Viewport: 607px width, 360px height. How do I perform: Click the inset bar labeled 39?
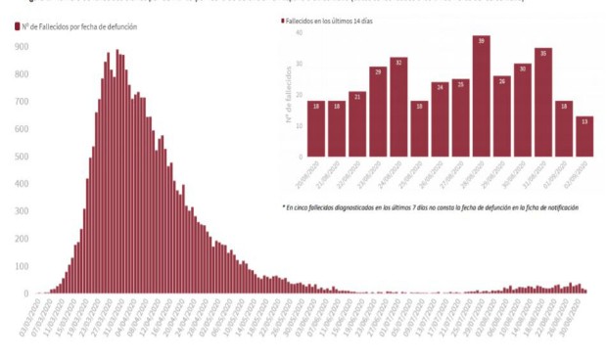click(x=481, y=96)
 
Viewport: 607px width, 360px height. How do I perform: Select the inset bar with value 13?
click(x=584, y=136)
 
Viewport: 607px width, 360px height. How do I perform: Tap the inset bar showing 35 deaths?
click(x=543, y=102)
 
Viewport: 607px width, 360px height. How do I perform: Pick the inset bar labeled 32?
click(x=397, y=107)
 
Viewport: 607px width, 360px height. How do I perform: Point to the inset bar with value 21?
click(x=356, y=124)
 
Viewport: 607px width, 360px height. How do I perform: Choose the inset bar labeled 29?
click(x=377, y=112)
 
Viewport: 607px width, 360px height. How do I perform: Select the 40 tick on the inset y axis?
click(x=300, y=33)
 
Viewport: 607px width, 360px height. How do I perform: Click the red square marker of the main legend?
click(x=19, y=27)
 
